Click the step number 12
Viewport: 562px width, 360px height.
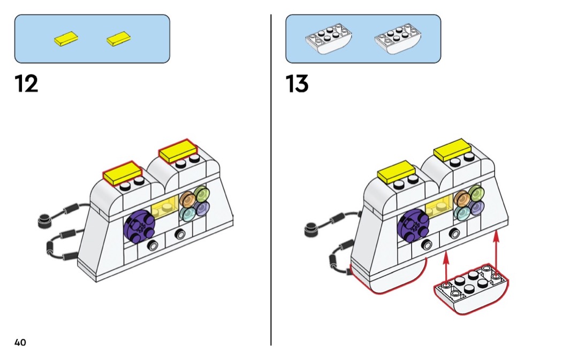(x=27, y=84)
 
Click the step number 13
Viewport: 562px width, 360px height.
(x=298, y=84)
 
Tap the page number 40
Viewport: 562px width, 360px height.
(x=20, y=342)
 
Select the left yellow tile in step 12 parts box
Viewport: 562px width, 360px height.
(x=66, y=39)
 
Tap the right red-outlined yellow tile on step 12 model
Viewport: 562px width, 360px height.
(x=177, y=151)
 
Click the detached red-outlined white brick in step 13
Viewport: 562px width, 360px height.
(x=471, y=289)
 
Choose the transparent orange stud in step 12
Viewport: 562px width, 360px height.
(x=187, y=200)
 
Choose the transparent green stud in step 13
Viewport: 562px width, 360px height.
(x=474, y=193)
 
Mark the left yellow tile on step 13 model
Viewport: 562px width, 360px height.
(x=396, y=173)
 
